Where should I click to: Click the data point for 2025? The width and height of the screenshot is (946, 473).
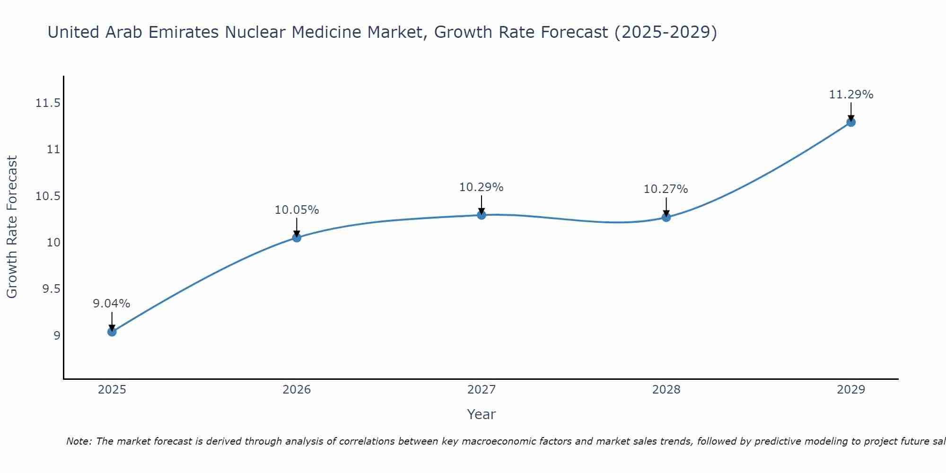(x=112, y=332)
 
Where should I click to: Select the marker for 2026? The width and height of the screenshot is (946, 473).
(x=297, y=237)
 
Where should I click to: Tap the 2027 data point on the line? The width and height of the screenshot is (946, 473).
(x=482, y=215)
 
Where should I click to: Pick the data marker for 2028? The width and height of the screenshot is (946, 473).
(x=666, y=217)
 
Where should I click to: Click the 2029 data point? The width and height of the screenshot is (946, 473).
(x=851, y=122)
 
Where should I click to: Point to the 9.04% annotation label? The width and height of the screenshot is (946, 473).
(x=112, y=304)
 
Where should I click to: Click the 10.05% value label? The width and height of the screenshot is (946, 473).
(x=297, y=210)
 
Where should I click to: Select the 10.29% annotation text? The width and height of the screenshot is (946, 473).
(x=481, y=187)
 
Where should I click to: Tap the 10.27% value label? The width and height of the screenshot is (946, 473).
(x=666, y=189)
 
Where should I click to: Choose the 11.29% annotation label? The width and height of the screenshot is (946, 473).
(x=851, y=95)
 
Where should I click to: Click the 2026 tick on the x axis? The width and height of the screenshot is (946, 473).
(x=297, y=390)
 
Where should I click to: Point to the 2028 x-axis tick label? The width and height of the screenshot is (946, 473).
(x=666, y=390)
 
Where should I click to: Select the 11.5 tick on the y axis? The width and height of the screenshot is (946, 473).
(x=48, y=103)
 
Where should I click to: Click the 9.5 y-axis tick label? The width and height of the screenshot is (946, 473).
(x=52, y=289)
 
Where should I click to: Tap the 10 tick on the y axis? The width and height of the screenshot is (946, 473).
(x=54, y=243)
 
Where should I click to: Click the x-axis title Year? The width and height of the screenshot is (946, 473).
(x=481, y=414)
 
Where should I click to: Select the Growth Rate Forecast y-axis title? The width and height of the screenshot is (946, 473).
(x=12, y=227)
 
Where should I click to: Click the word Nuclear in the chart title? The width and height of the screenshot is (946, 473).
(x=255, y=32)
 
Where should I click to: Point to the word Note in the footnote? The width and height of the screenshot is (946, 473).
(x=78, y=441)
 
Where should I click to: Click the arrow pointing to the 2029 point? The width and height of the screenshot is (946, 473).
(x=851, y=112)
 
